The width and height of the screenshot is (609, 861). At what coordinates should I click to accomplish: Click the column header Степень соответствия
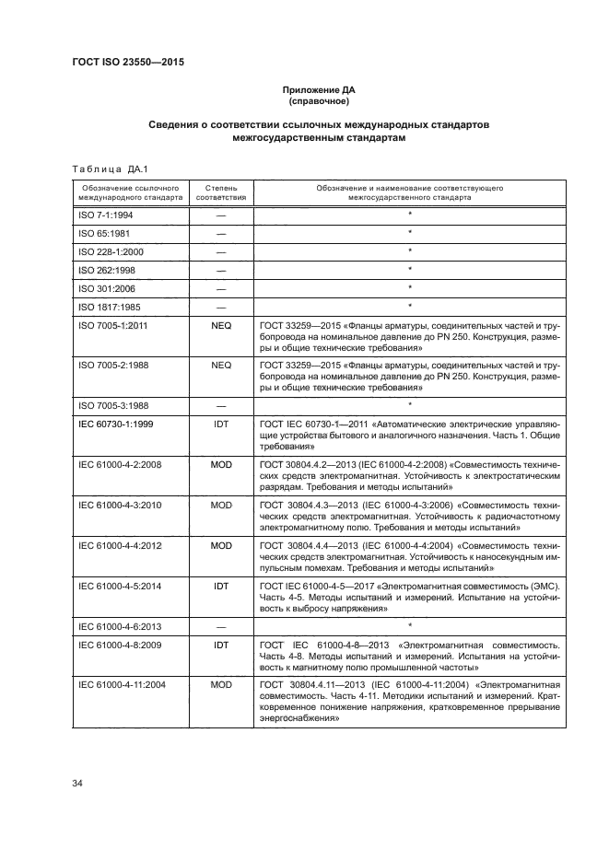tap(221, 192)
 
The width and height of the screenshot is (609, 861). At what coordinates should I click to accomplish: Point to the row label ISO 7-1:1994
tap(100, 214)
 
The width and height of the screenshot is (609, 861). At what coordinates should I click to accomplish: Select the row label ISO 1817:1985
tap(104, 306)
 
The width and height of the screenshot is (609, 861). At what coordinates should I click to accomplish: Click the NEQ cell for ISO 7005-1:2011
tap(221, 325)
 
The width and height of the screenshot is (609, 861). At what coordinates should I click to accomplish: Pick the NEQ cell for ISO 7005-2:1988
tap(221, 365)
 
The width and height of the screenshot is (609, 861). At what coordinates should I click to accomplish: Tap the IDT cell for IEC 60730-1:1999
tap(221, 425)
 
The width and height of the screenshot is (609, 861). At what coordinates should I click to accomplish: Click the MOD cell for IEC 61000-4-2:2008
tap(221, 464)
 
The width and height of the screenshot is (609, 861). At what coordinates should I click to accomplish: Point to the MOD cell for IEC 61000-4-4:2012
tap(221, 545)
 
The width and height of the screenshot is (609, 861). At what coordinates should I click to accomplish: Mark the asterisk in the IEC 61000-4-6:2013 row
tap(410, 623)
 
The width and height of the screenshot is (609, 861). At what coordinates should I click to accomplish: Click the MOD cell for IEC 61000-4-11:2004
tap(221, 686)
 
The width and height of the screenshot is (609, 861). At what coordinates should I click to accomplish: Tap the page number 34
tap(77, 783)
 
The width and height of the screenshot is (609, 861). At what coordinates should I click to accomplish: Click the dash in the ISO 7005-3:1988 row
tap(221, 404)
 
